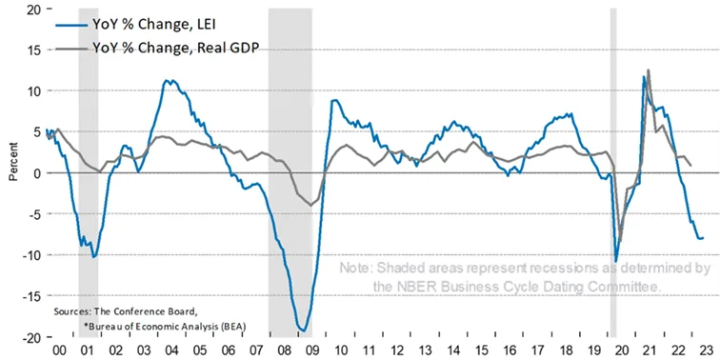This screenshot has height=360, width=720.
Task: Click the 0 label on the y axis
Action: [36, 173]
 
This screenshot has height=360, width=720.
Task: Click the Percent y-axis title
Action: [13, 164]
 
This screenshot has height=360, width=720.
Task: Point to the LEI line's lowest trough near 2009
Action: [304, 330]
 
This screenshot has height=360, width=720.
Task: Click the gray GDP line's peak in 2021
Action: [648, 70]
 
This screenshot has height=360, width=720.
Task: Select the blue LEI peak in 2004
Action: [168, 81]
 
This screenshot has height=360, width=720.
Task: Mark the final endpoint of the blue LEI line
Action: [703, 238]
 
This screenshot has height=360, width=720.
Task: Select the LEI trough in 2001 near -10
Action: [94, 257]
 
